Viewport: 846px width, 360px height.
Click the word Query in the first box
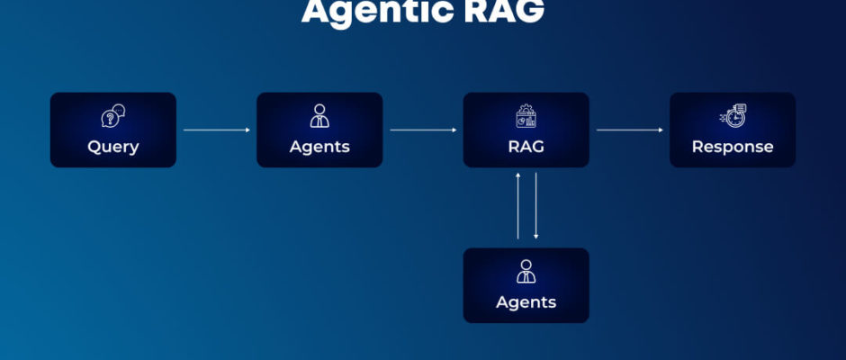tap(113, 147)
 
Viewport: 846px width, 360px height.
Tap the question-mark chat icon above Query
tap(113, 116)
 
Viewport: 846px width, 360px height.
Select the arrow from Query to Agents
tap(216, 130)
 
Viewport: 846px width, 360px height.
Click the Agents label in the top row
tap(319, 147)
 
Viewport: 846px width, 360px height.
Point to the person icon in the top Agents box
tap(319, 115)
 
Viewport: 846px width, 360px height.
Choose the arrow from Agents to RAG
tap(423, 130)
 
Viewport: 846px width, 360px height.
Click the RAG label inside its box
tap(526, 147)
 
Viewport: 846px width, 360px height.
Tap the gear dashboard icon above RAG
tap(526, 116)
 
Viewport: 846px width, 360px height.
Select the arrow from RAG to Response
tap(630, 130)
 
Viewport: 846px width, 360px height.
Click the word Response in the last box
tap(733, 147)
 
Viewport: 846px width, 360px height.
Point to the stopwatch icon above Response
tap(733, 116)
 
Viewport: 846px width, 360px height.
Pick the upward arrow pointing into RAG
tap(518, 205)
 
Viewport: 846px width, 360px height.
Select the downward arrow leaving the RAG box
tap(535, 205)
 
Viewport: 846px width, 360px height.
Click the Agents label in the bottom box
tap(526, 302)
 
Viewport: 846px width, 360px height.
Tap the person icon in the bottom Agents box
tap(526, 272)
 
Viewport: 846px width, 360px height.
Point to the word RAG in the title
tap(504, 11)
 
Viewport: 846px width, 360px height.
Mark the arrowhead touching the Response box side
tap(661, 130)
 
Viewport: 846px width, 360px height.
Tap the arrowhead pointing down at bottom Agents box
tap(535, 237)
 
